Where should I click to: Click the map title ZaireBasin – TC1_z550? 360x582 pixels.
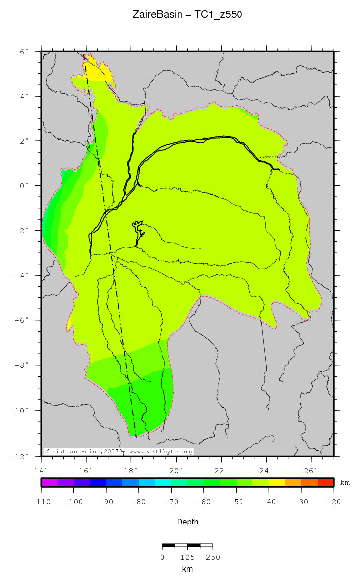click(x=187, y=15)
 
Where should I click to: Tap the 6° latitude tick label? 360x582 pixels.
click(x=24, y=51)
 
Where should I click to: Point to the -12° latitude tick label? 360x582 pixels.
click(x=21, y=456)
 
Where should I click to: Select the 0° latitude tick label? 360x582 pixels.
click(x=24, y=186)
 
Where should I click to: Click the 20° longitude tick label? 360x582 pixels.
click(x=176, y=470)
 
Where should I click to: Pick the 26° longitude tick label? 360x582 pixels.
click(x=311, y=470)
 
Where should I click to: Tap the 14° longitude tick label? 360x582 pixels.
click(x=41, y=470)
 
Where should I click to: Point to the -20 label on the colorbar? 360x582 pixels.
click(x=333, y=502)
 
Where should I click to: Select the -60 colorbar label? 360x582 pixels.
click(x=204, y=502)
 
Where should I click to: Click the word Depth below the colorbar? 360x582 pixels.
click(x=187, y=522)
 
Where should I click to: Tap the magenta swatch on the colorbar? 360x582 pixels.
click(x=50, y=482)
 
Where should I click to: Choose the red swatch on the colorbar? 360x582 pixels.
click(x=325, y=482)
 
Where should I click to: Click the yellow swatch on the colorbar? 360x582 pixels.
click(x=277, y=482)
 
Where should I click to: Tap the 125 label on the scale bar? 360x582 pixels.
click(x=187, y=557)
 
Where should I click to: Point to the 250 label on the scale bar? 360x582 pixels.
click(x=213, y=557)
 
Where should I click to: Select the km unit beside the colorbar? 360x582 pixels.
click(x=344, y=482)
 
